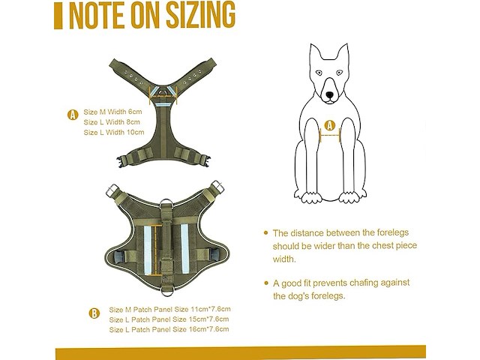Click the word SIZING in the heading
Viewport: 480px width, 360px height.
(201, 14)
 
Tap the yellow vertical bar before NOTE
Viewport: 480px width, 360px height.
(58, 15)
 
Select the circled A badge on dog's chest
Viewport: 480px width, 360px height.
(330, 125)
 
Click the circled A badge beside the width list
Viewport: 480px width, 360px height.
(73, 115)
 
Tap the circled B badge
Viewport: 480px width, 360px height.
(94, 313)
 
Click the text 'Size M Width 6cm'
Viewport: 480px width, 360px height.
(112, 112)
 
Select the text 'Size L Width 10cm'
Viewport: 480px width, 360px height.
(114, 132)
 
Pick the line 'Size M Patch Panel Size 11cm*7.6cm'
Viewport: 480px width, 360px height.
(170, 309)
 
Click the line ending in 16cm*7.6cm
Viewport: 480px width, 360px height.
(169, 329)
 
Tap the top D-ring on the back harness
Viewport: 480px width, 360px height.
(166, 205)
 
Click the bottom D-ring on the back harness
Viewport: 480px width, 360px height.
(166, 291)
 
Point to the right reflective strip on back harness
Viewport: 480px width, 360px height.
(185, 249)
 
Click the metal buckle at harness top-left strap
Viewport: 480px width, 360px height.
(112, 190)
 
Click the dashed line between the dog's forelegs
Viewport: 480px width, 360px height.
(330, 135)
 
